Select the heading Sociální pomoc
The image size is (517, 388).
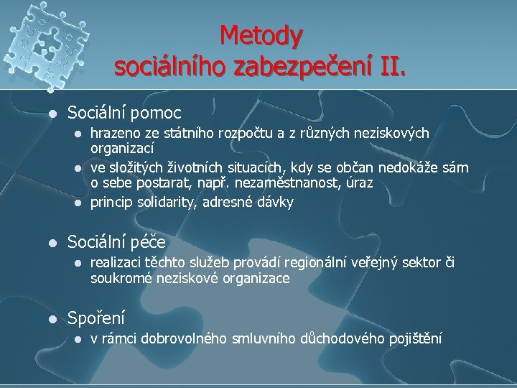(124, 113)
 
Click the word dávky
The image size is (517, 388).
(276, 202)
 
